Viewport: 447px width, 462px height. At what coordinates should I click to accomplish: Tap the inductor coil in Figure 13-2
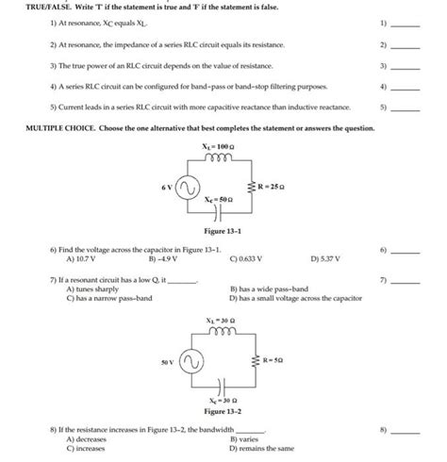pyautogui.click(x=223, y=334)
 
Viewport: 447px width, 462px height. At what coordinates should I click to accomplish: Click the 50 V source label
pyautogui.click(x=167, y=361)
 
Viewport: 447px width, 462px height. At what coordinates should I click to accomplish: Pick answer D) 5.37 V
pyautogui.click(x=327, y=256)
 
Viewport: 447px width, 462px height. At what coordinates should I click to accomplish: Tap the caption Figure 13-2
pyautogui.click(x=223, y=411)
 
